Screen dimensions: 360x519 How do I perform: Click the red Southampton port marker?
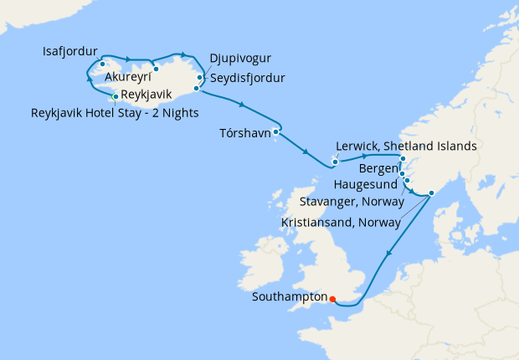[x=332, y=299]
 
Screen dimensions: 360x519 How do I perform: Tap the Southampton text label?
[x=290, y=297]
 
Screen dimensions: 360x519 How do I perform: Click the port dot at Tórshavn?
[x=275, y=131]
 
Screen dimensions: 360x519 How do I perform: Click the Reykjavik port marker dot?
[x=115, y=96]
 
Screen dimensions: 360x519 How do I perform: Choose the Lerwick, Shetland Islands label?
[x=406, y=146]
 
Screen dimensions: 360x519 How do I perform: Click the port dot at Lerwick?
[x=335, y=162]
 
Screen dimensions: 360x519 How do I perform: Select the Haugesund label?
[x=366, y=184]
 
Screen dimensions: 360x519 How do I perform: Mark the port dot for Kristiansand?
[x=431, y=193]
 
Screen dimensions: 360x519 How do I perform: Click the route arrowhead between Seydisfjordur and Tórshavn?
[x=242, y=105]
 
